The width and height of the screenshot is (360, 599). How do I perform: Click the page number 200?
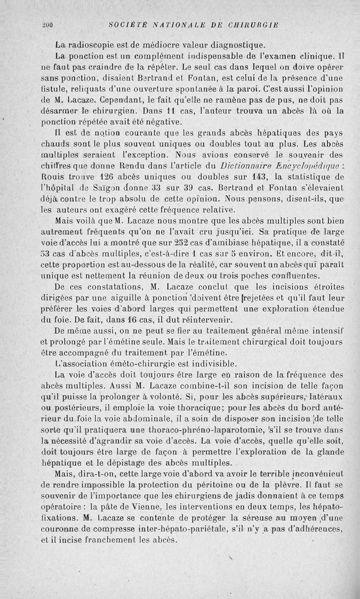point(48,25)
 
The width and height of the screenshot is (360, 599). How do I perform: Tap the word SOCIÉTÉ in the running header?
point(122,24)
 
